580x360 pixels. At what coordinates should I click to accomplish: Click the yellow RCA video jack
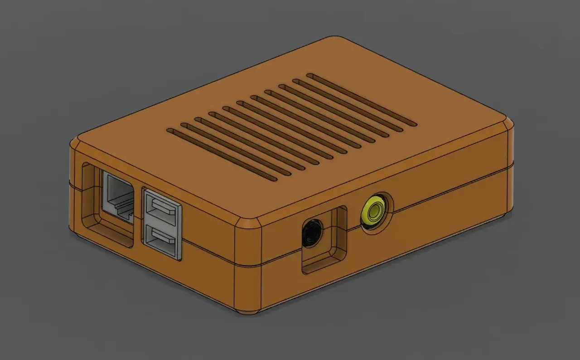(x=374, y=210)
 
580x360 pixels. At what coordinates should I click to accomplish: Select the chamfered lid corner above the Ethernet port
(x=74, y=141)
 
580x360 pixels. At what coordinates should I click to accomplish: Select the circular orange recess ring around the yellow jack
(x=385, y=202)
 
